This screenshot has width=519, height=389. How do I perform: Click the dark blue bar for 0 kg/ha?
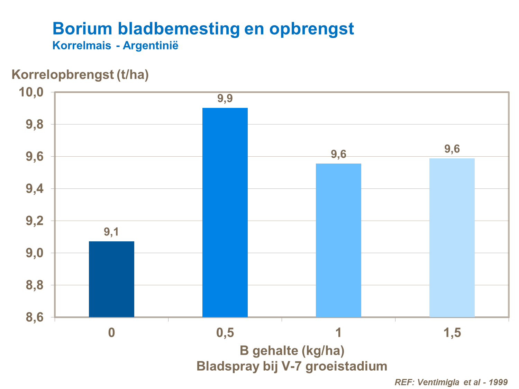click(111, 279)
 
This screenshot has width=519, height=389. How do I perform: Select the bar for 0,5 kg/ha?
click(225, 212)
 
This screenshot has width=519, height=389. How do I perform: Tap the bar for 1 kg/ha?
click(338, 240)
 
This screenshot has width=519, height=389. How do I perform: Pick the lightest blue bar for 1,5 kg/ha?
click(452, 238)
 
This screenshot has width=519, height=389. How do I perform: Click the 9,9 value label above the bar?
click(225, 99)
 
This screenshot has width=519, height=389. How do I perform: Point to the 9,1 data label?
click(111, 232)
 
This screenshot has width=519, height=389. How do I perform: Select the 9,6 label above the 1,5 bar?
click(452, 149)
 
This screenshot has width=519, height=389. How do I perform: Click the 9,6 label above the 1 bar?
click(338, 154)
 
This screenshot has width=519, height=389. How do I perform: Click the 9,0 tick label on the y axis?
click(34, 253)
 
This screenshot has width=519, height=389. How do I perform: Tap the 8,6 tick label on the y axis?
click(34, 317)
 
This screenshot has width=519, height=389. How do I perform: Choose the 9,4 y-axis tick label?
click(34, 189)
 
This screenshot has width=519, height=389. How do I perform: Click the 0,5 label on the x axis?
click(225, 333)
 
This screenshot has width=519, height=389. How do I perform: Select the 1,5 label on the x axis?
click(452, 333)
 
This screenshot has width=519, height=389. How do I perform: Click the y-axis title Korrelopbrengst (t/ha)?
click(80, 74)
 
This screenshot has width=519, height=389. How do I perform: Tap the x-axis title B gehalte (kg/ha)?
click(292, 351)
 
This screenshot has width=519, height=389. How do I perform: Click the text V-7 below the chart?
click(292, 366)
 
